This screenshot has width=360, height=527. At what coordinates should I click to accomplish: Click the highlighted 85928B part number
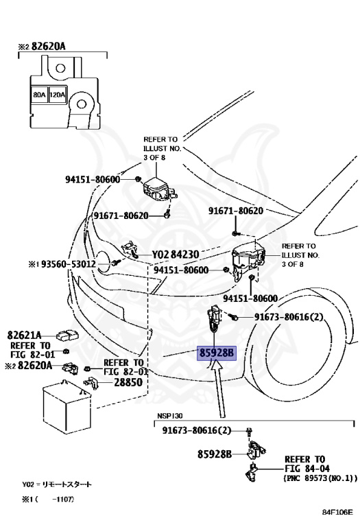[217, 353]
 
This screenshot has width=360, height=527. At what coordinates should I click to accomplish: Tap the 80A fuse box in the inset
[39, 95]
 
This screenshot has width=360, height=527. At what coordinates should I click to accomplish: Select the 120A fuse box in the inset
[58, 95]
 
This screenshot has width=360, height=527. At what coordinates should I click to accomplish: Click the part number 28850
[128, 382]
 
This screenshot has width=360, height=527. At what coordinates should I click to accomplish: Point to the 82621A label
[24, 335]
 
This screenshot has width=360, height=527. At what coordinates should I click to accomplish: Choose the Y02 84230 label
[176, 255]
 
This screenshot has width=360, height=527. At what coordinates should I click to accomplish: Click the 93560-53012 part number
[68, 264]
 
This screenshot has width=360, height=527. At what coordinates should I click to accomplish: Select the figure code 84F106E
[337, 512]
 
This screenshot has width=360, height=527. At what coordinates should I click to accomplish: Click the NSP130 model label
[170, 416]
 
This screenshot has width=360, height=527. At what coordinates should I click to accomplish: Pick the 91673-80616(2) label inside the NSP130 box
[197, 430]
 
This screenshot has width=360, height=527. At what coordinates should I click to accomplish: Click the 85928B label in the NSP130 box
[214, 454]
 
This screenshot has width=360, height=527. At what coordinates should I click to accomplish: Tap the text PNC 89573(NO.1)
[321, 478]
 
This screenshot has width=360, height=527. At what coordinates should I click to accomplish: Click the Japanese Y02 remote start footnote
[57, 484]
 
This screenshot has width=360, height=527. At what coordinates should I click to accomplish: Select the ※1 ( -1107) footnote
[48, 500]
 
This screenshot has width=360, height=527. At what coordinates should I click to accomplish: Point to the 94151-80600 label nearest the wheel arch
[250, 298]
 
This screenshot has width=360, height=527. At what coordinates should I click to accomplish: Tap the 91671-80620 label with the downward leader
[236, 211]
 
